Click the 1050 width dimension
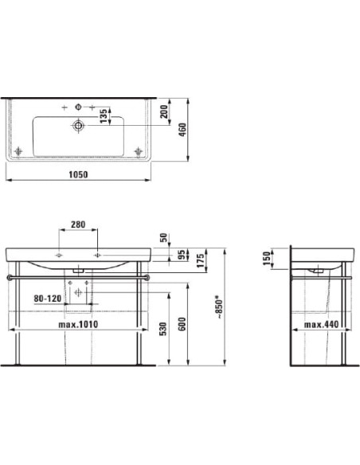[x=77, y=174]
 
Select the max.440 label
[x=323, y=325]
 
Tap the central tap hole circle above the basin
[x=79, y=107]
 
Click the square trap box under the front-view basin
[x=78, y=291]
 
